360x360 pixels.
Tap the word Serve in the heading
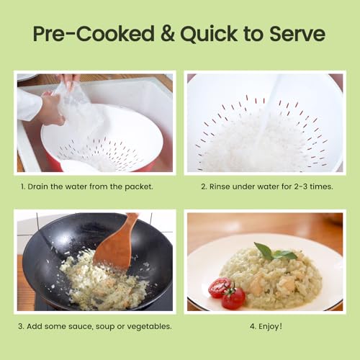pos(297,34)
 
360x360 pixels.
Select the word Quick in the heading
pos(209,34)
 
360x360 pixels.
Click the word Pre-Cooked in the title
pos(94,33)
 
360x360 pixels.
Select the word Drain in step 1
pos(37,186)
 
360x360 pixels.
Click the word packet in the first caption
pos(139,187)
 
